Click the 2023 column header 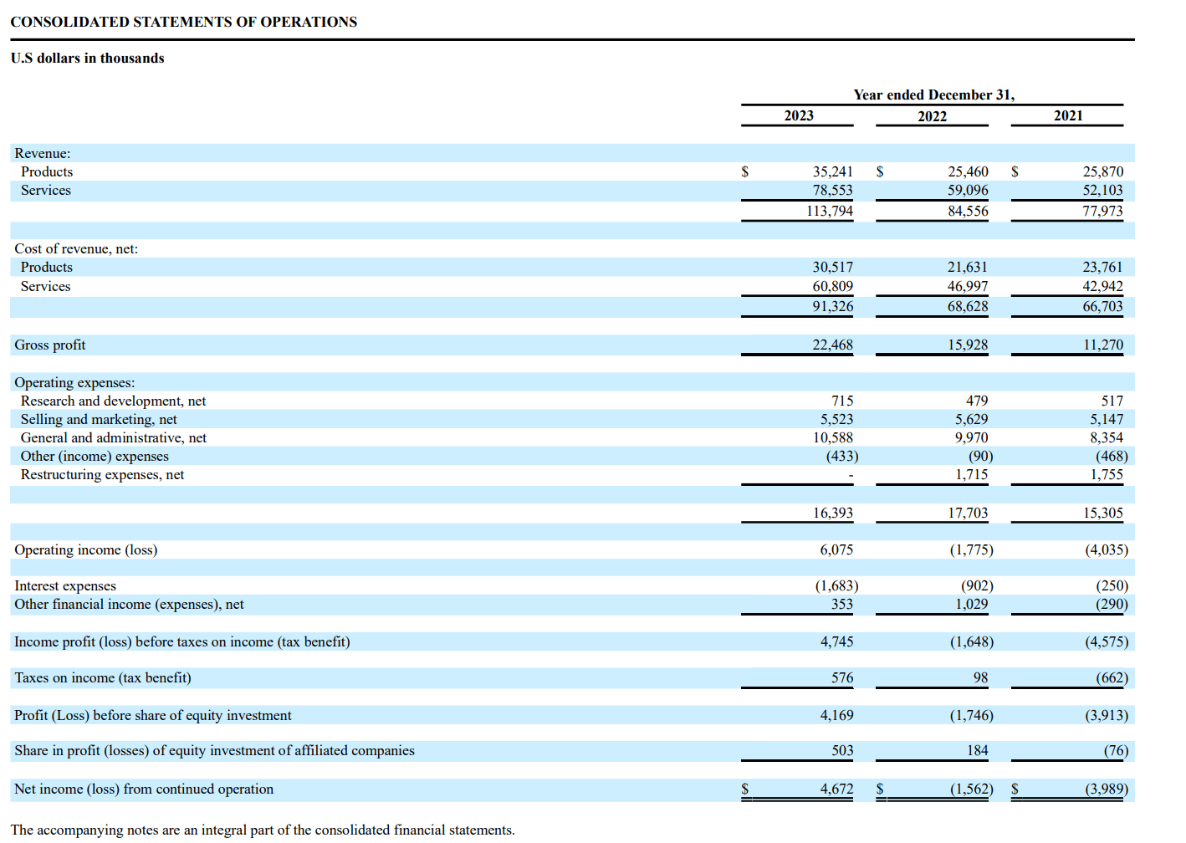tap(798, 115)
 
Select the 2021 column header tap(1067, 115)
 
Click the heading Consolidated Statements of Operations tap(183, 22)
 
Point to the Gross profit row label tap(49, 345)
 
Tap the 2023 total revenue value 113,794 tap(829, 211)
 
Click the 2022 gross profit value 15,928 tap(967, 345)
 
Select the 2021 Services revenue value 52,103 tap(1102, 190)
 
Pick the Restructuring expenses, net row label tap(102, 474)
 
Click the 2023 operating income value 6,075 tap(836, 549)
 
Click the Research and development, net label tap(113, 401)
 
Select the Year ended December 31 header tap(933, 95)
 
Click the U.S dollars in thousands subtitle tap(87, 58)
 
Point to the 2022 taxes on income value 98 tap(979, 677)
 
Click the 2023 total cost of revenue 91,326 tap(832, 306)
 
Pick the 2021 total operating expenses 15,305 tap(1102, 513)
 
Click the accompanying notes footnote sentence tap(263, 830)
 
